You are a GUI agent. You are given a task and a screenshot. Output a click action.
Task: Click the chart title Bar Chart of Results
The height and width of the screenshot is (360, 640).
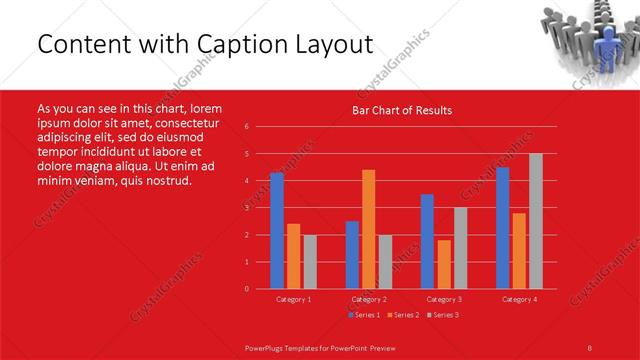point(401,110)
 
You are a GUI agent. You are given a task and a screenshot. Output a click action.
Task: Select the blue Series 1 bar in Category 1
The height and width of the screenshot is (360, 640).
point(277,231)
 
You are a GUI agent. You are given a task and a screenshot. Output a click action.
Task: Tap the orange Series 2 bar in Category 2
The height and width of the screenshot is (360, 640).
point(368,229)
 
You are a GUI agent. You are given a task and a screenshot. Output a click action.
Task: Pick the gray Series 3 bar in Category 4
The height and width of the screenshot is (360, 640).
point(535,221)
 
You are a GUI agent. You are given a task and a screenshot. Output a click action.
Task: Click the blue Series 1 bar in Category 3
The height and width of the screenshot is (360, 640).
point(427,241)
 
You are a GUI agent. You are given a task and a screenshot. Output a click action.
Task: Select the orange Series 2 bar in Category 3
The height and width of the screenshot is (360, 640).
point(444,264)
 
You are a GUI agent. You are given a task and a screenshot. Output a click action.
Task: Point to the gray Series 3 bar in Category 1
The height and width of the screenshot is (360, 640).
point(310,262)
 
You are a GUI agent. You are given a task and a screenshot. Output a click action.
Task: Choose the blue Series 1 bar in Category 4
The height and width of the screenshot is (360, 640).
point(502,228)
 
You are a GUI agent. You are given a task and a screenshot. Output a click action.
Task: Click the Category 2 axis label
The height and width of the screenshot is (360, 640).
point(368,299)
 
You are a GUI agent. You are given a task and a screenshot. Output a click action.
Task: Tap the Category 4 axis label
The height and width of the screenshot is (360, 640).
point(518,299)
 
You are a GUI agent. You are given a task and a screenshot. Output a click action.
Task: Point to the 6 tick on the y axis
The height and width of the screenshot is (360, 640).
point(247,127)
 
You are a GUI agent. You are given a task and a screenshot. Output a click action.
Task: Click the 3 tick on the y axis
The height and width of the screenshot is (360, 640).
point(247,208)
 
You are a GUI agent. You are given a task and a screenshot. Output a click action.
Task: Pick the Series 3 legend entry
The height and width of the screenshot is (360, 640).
point(442,315)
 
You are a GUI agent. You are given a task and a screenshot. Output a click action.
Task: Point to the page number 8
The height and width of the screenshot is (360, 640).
point(589,346)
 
